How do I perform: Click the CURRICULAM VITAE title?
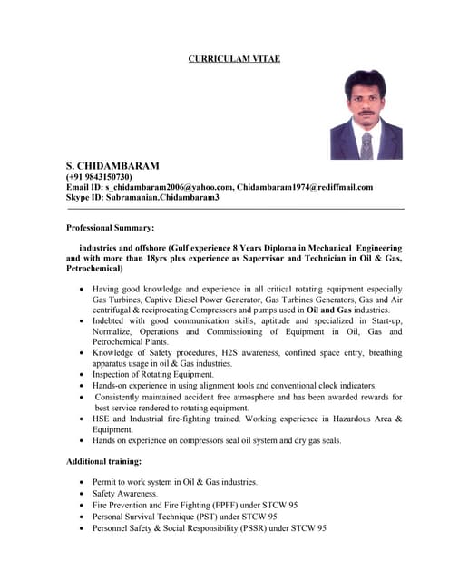(234, 58)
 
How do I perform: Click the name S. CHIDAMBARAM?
(112, 166)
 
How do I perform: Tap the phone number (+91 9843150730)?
(99, 177)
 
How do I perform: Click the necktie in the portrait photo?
(366, 143)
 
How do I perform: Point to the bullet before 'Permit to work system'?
(83, 481)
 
